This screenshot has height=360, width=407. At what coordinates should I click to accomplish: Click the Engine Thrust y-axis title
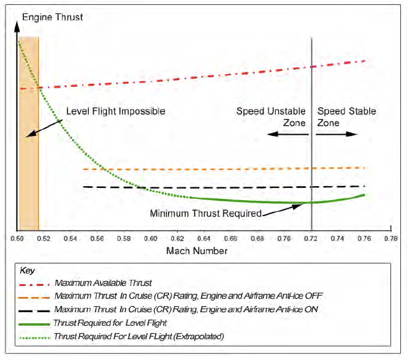click(x=52, y=17)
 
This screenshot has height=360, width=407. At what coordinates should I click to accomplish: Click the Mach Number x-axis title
click(x=197, y=251)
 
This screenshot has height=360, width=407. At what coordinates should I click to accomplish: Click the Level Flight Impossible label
click(x=115, y=111)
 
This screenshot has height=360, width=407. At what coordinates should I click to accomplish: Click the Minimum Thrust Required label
click(x=206, y=214)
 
